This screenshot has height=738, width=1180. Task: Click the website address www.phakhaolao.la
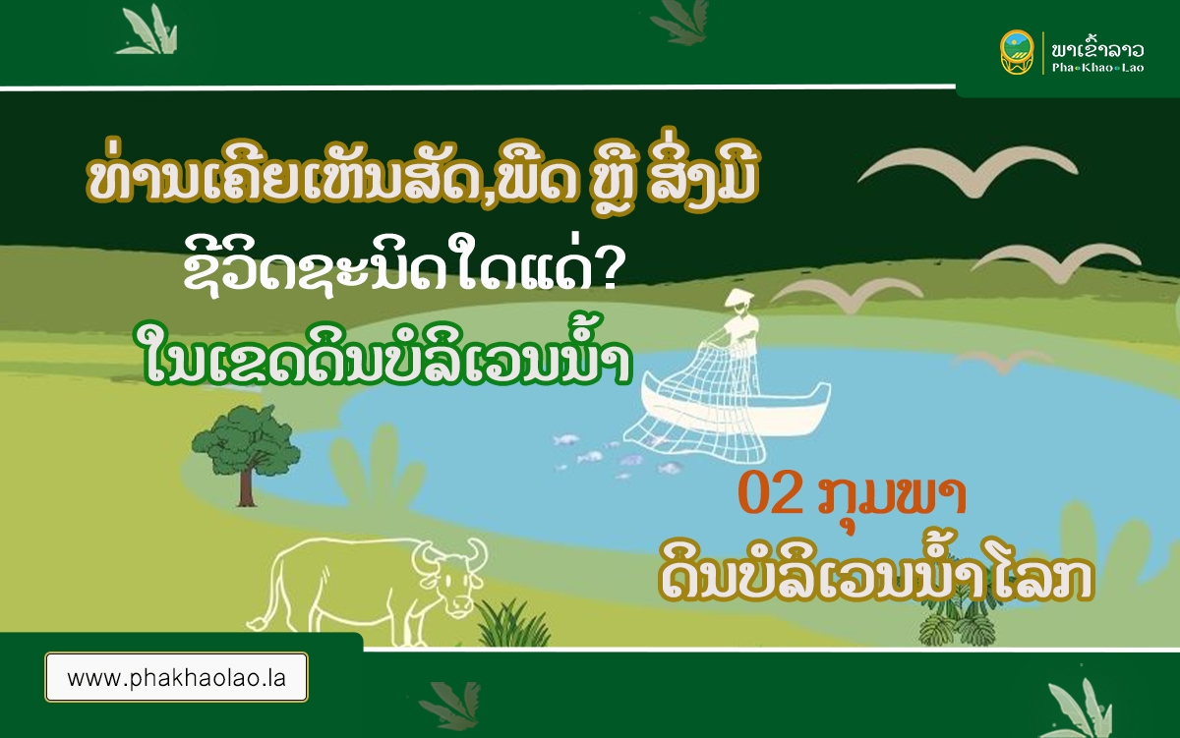(176, 678)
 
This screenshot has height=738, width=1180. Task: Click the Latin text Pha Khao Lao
(1097, 68)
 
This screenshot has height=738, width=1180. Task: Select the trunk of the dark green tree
(246, 486)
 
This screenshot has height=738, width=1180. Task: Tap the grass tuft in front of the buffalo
(513, 623)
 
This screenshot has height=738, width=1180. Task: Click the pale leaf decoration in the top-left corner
(147, 30)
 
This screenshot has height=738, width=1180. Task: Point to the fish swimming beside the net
(590, 456)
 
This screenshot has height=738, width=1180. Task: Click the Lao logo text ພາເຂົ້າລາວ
(1097, 49)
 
